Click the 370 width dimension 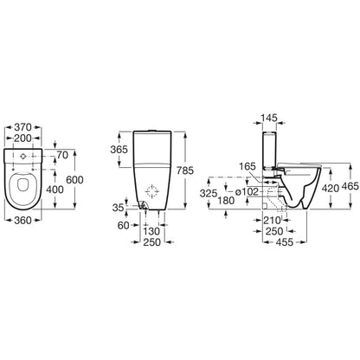(x=22, y=127)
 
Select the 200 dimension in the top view (x=22, y=138)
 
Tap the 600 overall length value (x=74, y=180)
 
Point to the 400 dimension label (x=55, y=190)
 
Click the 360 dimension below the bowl (x=22, y=221)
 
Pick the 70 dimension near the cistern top (x=62, y=155)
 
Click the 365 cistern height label (x=119, y=150)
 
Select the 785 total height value (x=185, y=170)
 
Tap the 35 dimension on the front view (x=118, y=208)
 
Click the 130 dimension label (x=151, y=231)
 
